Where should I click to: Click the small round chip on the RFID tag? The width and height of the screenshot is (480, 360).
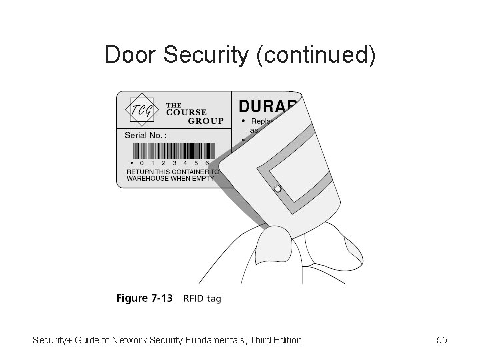click(x=277, y=189)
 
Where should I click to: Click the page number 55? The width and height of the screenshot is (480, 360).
click(x=441, y=341)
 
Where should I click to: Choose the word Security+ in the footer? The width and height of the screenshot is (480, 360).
click(x=54, y=341)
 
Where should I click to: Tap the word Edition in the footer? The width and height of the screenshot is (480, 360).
click(x=285, y=341)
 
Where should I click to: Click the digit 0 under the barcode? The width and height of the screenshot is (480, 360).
click(x=143, y=161)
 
